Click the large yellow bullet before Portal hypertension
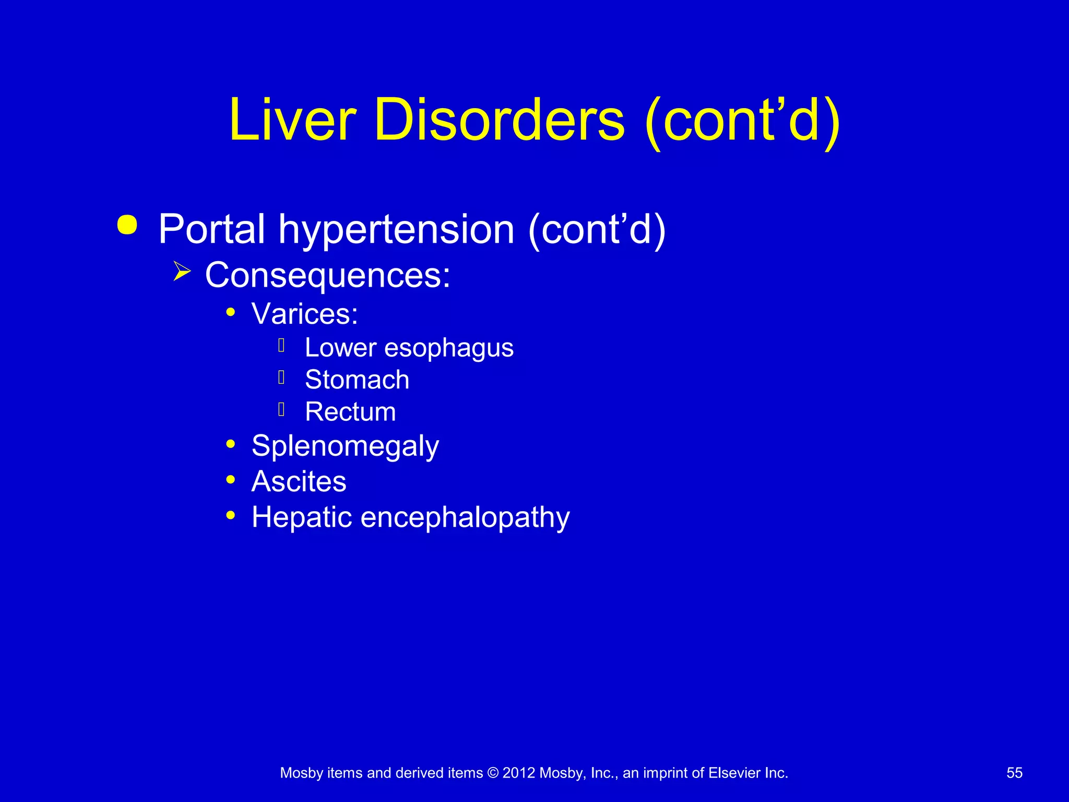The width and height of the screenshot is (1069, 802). (127, 225)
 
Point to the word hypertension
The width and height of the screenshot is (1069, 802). (397, 230)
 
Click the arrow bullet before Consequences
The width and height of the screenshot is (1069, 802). (182, 272)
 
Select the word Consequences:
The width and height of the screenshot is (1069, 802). (327, 275)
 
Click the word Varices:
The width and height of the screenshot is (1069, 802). (305, 314)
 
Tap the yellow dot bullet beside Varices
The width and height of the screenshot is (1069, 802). (231, 312)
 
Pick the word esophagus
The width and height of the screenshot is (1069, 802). (449, 348)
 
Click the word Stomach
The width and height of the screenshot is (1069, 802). (357, 380)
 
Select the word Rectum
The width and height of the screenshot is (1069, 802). (350, 412)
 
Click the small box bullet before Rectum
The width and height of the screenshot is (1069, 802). (281, 410)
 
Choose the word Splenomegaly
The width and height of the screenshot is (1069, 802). (345, 446)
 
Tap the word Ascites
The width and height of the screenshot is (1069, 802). (299, 481)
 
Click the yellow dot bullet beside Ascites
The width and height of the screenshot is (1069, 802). (231, 479)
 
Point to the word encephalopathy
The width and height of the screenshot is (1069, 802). (465, 517)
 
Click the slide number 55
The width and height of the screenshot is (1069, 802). (1014, 773)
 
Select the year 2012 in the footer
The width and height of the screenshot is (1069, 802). (518, 773)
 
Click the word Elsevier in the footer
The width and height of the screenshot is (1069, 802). (734, 773)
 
